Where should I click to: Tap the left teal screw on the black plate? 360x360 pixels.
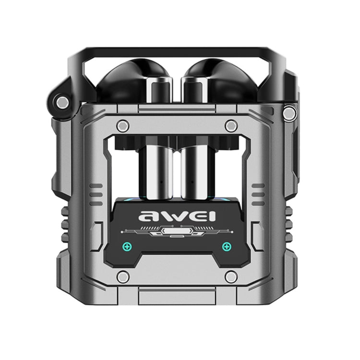[x=127, y=246]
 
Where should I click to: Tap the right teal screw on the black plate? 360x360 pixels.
[x=226, y=246]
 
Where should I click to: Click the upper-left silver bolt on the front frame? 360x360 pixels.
[x=123, y=126]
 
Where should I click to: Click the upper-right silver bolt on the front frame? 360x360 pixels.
[x=231, y=126]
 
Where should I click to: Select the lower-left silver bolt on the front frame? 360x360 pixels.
[x=123, y=276]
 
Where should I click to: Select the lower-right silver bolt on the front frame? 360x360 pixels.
[x=231, y=276]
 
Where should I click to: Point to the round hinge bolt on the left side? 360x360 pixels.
[x=61, y=102]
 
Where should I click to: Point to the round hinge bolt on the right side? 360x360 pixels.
[x=289, y=113]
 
